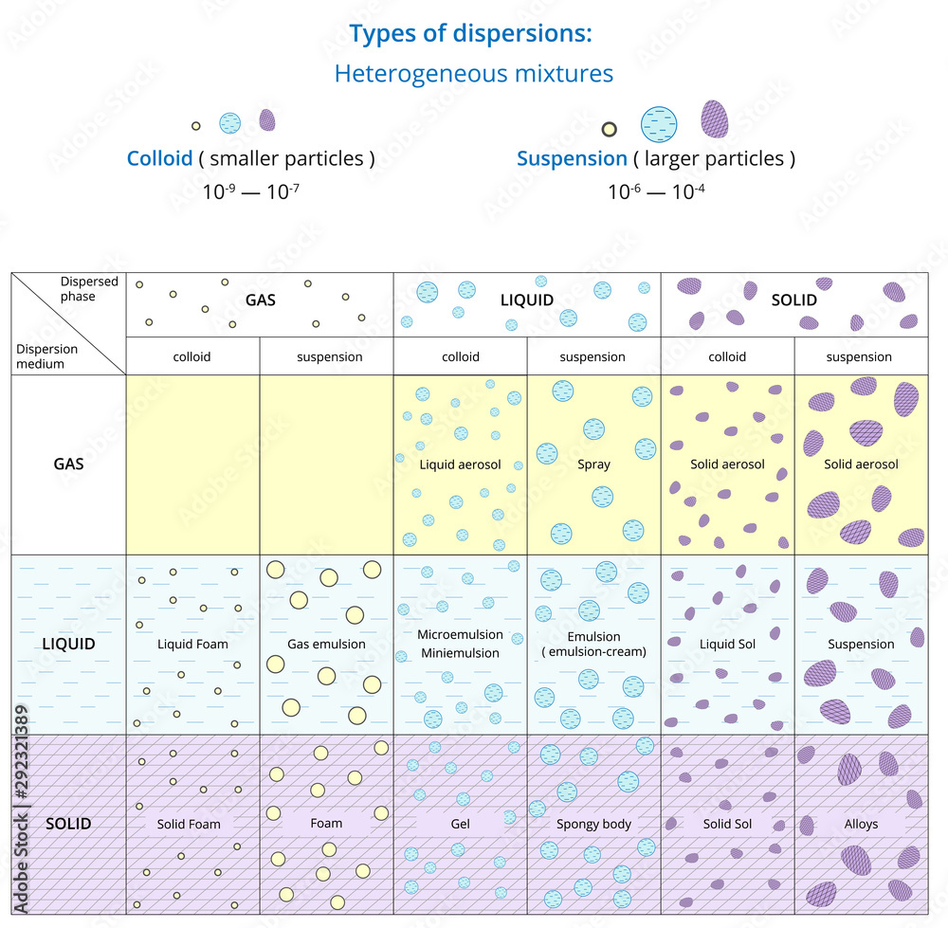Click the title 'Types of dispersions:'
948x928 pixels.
tap(471, 33)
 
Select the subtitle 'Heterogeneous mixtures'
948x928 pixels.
tap(473, 73)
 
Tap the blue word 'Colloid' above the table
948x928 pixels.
tap(159, 158)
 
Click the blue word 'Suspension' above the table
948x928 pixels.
tap(572, 158)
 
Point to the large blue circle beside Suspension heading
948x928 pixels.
tap(660, 123)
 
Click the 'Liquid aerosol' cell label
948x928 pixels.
tap(461, 464)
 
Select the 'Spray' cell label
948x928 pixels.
tap(593, 464)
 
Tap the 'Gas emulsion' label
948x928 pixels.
tap(326, 644)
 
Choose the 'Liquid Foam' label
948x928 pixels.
tap(192, 644)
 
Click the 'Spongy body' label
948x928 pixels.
tap(593, 824)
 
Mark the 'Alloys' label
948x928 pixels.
tap(861, 824)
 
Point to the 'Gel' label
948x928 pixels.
tap(461, 824)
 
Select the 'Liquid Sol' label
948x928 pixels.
tap(727, 644)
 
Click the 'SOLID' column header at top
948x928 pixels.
tap(793, 300)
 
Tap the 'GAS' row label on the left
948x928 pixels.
tap(68, 464)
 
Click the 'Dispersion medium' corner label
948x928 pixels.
tap(47, 355)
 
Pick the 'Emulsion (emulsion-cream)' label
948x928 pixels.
tap(593, 644)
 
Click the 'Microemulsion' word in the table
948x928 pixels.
tap(460, 634)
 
